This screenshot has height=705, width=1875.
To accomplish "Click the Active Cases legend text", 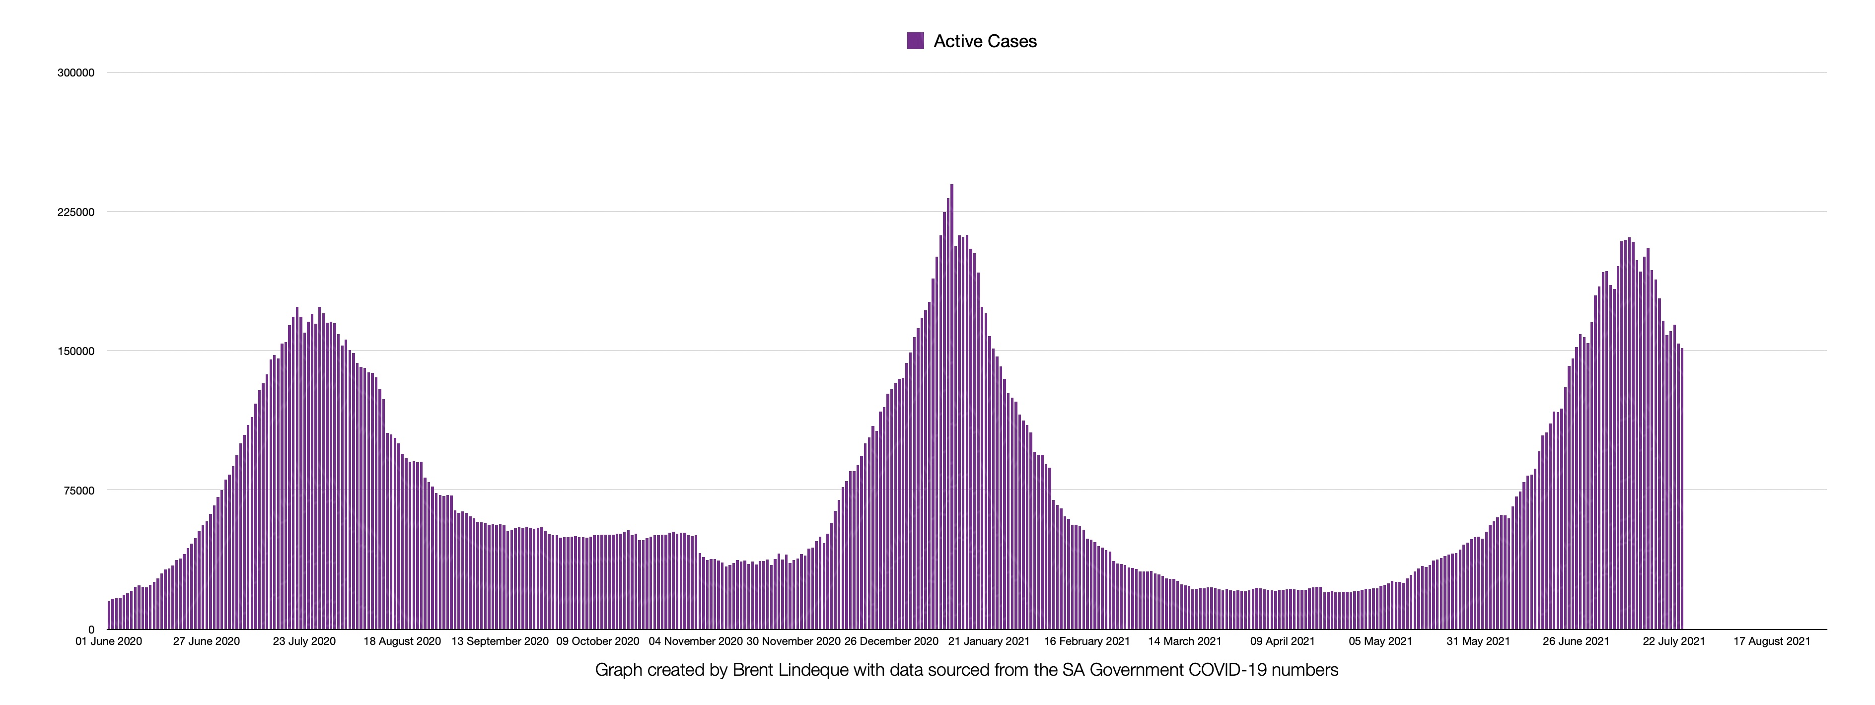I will pos(985,42).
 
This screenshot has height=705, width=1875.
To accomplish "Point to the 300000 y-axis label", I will pos(75,73).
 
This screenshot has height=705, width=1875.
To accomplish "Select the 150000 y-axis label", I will pos(75,352).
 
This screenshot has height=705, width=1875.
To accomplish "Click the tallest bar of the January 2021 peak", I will pos(951,408).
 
